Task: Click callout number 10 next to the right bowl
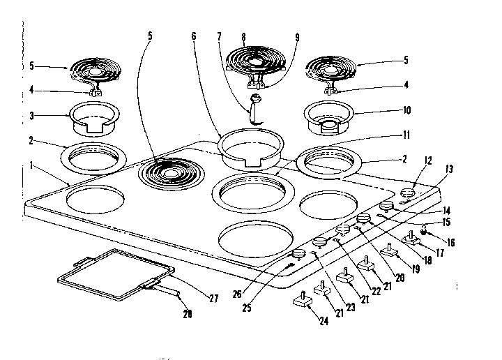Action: [407, 110]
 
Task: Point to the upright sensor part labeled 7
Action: [255, 112]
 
